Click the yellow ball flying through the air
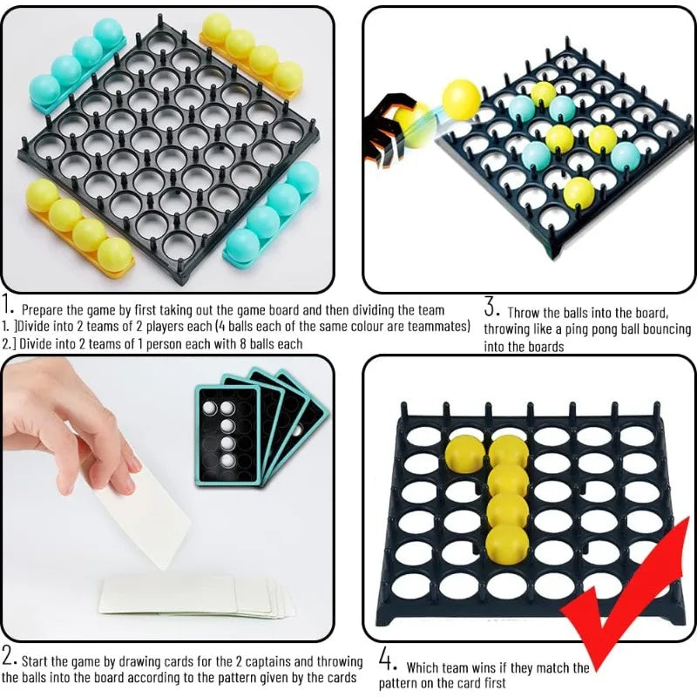(x=462, y=98)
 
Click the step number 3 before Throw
(x=491, y=308)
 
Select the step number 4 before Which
(x=388, y=660)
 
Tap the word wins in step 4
(x=482, y=668)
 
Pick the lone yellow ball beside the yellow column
(x=465, y=454)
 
